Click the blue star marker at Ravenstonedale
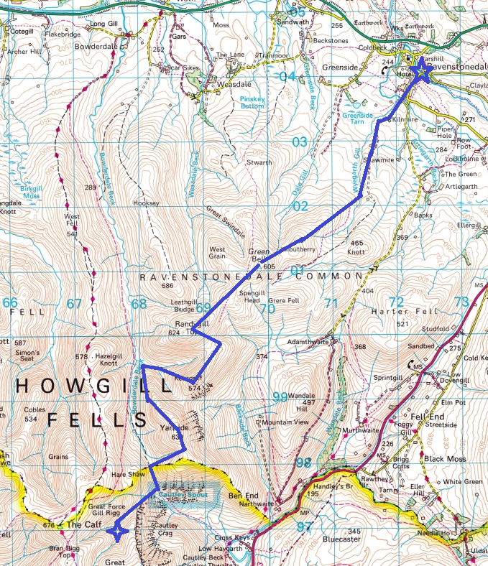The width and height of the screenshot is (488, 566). point(420,72)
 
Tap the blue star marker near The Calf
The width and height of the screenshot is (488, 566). point(116,531)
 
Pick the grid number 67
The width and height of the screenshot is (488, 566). point(74,304)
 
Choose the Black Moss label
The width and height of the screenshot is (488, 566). point(445,458)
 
